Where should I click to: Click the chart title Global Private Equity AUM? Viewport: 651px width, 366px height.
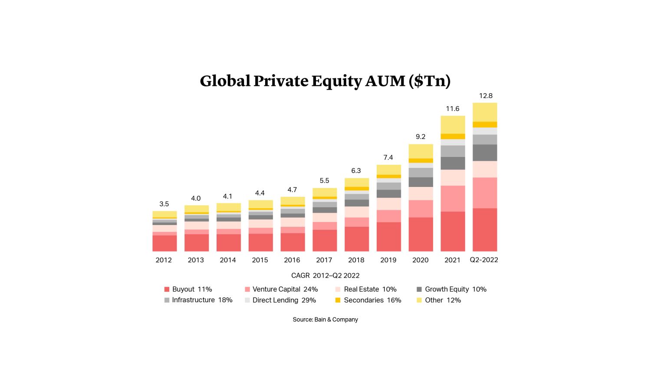point(325,81)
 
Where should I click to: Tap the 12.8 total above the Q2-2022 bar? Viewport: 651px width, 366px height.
point(485,96)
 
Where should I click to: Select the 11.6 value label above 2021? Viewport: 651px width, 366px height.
point(452,109)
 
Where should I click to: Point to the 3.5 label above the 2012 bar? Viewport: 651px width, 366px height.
point(164,204)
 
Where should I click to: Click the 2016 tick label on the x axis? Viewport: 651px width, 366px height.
point(292,260)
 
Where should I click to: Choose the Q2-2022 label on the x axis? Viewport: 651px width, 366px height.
point(484,260)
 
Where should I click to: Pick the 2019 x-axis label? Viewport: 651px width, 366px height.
point(388,260)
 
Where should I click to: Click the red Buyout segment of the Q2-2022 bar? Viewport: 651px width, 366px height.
point(485,230)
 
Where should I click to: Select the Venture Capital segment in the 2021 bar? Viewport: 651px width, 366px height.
point(453,199)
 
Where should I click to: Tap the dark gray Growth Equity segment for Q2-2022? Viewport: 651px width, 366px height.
point(485,153)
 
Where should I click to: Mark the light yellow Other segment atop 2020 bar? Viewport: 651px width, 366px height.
point(421,151)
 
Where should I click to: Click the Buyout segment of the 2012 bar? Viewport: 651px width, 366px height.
point(164,243)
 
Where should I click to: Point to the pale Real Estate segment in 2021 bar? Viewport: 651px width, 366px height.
point(453,178)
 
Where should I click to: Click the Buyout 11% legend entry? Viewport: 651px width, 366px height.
point(188,289)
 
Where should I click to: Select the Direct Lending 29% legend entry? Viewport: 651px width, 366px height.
point(280,300)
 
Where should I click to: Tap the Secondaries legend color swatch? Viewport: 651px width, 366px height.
point(338,300)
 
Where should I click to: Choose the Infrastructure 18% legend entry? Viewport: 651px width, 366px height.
point(198,300)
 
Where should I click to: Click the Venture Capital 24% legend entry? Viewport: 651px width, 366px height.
point(281,289)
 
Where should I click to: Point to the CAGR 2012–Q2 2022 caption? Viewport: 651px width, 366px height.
point(325,275)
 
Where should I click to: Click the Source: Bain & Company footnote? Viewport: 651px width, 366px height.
point(325,320)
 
